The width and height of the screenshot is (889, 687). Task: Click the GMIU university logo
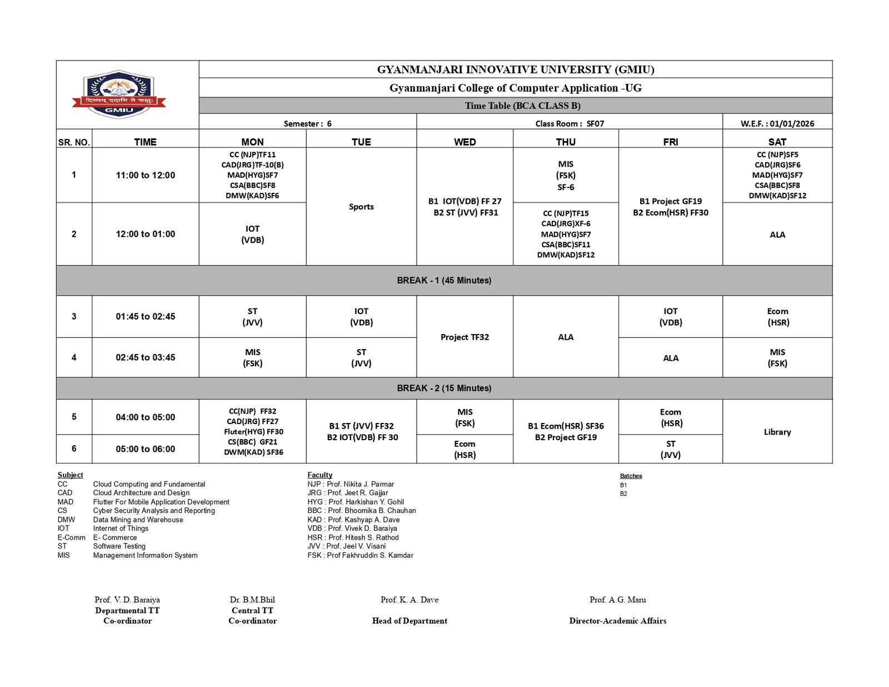click(119, 94)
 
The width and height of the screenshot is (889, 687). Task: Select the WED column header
click(465, 142)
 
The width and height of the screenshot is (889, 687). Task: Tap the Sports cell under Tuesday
click(361, 207)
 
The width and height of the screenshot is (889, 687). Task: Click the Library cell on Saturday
click(777, 432)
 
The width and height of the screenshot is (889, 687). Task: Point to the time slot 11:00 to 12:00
click(145, 175)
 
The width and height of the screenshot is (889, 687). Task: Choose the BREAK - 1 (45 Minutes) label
click(444, 280)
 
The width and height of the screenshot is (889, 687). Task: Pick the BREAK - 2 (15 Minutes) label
click(444, 388)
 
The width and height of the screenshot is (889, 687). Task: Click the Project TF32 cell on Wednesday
click(465, 337)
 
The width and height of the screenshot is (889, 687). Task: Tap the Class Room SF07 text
click(570, 123)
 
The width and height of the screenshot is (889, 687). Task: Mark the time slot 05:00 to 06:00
click(145, 449)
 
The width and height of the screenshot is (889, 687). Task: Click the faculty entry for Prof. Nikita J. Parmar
click(351, 484)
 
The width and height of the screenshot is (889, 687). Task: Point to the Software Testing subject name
click(119, 546)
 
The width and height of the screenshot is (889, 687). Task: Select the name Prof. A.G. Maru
click(617, 600)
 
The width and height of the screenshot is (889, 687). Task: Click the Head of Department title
click(409, 621)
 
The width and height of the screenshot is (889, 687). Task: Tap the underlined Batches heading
click(631, 476)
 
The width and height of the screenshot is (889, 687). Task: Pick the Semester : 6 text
click(307, 123)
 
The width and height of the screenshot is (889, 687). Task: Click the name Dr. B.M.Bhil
click(252, 600)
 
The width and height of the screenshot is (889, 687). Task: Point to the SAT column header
click(777, 142)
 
